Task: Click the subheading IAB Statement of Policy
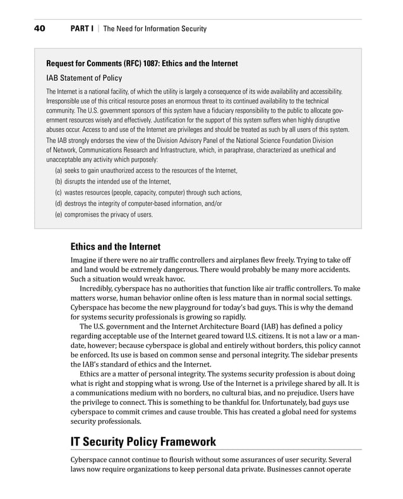[x=84, y=78]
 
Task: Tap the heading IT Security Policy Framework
[x=143, y=442]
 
